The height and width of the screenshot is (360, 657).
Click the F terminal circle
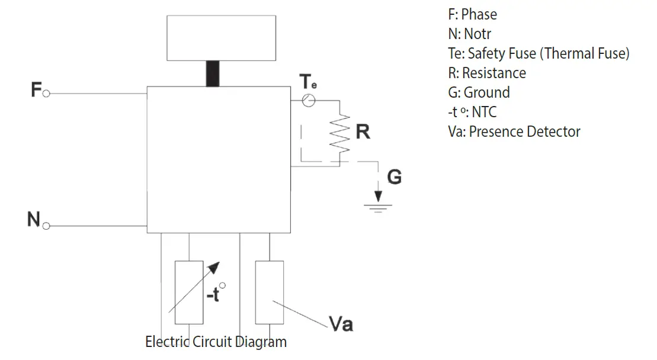46,94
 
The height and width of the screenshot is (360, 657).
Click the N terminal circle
46,226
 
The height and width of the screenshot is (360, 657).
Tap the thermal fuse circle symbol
309,101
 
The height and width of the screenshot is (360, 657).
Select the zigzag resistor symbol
340,134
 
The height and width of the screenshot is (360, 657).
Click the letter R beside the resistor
363,131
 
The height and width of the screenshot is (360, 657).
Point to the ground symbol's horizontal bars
378,208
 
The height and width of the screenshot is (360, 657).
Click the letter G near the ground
395,176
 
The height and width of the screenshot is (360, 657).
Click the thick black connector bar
213,73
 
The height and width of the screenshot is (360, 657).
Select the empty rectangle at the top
221,38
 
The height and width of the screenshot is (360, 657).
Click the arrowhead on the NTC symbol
214,268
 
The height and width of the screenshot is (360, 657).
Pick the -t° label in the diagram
216,292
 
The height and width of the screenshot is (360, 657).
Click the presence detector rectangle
270,292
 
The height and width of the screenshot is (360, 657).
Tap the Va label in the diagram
341,324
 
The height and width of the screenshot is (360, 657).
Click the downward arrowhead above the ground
379,197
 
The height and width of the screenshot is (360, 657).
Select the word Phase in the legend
479,15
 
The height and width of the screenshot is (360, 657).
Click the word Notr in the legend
477,34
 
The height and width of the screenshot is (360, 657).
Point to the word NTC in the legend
484,112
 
